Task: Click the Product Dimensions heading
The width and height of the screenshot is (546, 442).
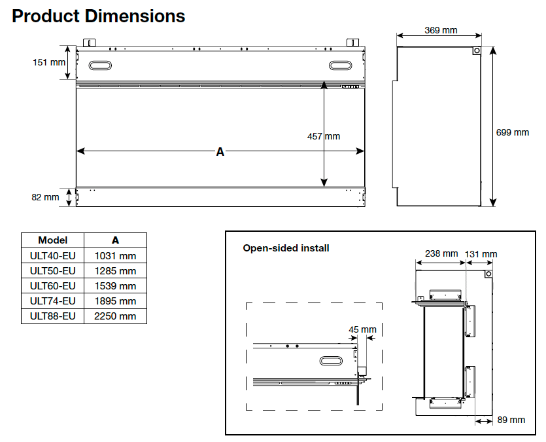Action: point(98,16)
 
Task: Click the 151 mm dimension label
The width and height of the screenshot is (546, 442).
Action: point(50,62)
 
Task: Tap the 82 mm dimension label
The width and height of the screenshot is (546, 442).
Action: point(46,196)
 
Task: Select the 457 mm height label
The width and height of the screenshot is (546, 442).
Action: point(324,136)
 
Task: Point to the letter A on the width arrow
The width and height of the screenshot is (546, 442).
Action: point(220,152)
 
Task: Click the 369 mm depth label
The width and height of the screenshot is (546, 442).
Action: point(441,30)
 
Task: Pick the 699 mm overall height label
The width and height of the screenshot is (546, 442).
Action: point(513,132)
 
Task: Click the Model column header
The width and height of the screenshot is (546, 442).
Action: point(53,240)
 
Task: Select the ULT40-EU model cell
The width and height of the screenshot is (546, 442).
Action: point(53,256)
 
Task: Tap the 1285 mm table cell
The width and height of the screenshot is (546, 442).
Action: point(116,271)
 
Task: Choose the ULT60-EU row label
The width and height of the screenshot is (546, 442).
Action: point(53,286)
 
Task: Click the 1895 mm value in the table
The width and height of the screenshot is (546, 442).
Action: point(116,301)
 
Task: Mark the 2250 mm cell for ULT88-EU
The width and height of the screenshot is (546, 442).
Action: point(116,316)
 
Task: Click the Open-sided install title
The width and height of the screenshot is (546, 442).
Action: point(286,248)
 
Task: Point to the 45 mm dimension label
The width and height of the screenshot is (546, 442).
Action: point(363,329)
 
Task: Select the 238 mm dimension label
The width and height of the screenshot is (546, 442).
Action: point(441,253)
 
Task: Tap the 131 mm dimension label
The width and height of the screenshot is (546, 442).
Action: point(481,254)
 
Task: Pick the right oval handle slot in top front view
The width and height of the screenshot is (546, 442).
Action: point(341,65)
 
